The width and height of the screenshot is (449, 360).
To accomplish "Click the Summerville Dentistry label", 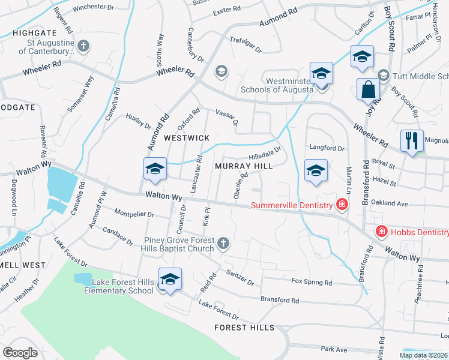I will (x=292, y=205).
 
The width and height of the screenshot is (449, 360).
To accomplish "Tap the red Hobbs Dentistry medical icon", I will (x=381, y=232).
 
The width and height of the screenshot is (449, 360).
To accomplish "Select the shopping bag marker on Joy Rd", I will (x=368, y=90).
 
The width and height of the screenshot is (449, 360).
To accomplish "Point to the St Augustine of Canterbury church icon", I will (x=83, y=46).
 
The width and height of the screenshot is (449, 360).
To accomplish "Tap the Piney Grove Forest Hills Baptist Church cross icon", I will (x=223, y=243).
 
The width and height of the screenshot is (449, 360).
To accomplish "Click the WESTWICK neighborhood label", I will (x=187, y=138).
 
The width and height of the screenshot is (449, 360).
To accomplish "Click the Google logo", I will (x=20, y=353).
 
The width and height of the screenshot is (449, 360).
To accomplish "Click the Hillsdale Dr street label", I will (x=265, y=155).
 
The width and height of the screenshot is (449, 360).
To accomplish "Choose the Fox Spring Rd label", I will (x=312, y=281).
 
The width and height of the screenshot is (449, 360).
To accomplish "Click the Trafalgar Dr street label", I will (x=246, y=44).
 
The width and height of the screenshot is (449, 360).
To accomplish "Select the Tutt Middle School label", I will (x=421, y=76).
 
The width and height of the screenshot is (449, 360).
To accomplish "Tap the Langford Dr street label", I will (x=327, y=148).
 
